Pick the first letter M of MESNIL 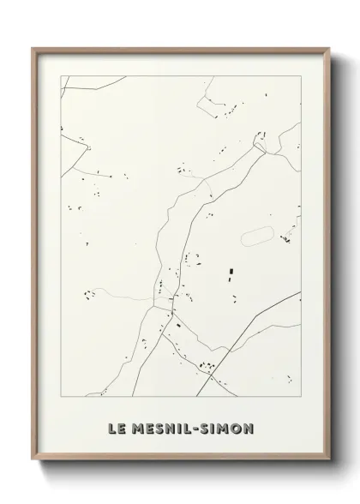139,427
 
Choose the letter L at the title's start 113,427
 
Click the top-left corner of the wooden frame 33,49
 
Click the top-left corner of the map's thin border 60,75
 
